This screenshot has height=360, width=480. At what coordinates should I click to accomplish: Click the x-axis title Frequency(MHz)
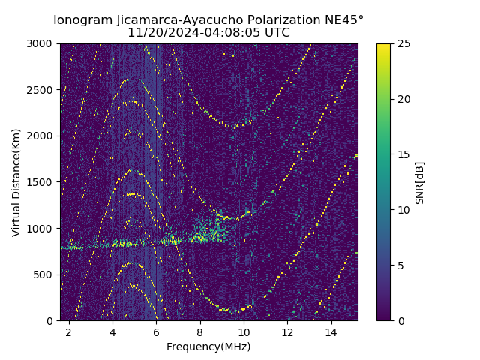pos(208,346)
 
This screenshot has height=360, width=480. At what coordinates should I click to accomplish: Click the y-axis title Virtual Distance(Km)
pos(16,182)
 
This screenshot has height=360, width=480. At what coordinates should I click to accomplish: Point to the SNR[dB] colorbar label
pos(420,182)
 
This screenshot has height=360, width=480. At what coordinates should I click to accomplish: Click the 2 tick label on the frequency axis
pos(69,331)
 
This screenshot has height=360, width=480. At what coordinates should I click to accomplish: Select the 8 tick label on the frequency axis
pos(200,331)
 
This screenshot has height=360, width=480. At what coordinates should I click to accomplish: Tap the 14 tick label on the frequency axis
pos(331,331)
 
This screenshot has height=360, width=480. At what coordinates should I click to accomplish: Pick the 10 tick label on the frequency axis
pos(244,331)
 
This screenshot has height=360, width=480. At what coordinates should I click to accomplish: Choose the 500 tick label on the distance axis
pos(45,274)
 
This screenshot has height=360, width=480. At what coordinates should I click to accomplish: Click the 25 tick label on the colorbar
pos(402,43)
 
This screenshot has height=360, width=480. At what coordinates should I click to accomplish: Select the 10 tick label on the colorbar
pos(402,210)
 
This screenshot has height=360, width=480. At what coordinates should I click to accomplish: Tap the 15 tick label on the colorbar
pos(402,154)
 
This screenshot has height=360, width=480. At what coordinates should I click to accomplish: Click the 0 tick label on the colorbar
pos(399,320)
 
